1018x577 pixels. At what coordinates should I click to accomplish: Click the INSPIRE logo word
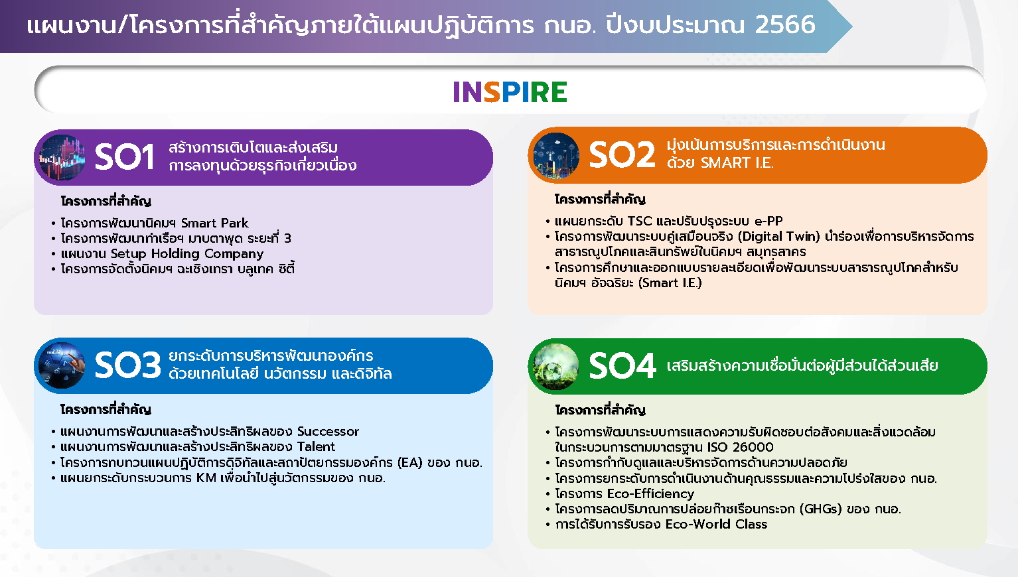click(510, 92)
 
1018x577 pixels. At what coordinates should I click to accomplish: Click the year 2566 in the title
click(785, 25)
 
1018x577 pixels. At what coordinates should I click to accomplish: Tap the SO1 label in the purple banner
click(124, 157)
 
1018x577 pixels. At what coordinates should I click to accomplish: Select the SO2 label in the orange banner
click(622, 155)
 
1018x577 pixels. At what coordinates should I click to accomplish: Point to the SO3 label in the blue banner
click(127, 365)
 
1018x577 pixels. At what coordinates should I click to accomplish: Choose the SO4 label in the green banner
click(622, 365)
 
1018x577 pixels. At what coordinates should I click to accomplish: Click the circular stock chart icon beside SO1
click(62, 158)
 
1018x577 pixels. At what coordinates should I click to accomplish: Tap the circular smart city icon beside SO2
click(556, 155)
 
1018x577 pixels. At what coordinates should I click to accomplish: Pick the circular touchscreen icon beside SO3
click(62, 365)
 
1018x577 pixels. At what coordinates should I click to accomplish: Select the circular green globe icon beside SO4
click(556, 366)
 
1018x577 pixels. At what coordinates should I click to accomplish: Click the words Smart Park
click(214, 223)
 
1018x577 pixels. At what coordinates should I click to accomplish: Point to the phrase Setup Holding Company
click(186, 253)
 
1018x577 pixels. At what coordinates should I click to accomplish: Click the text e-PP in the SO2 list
click(768, 222)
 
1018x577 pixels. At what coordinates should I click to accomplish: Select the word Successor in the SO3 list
click(328, 431)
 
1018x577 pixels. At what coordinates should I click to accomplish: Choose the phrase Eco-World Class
click(716, 525)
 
